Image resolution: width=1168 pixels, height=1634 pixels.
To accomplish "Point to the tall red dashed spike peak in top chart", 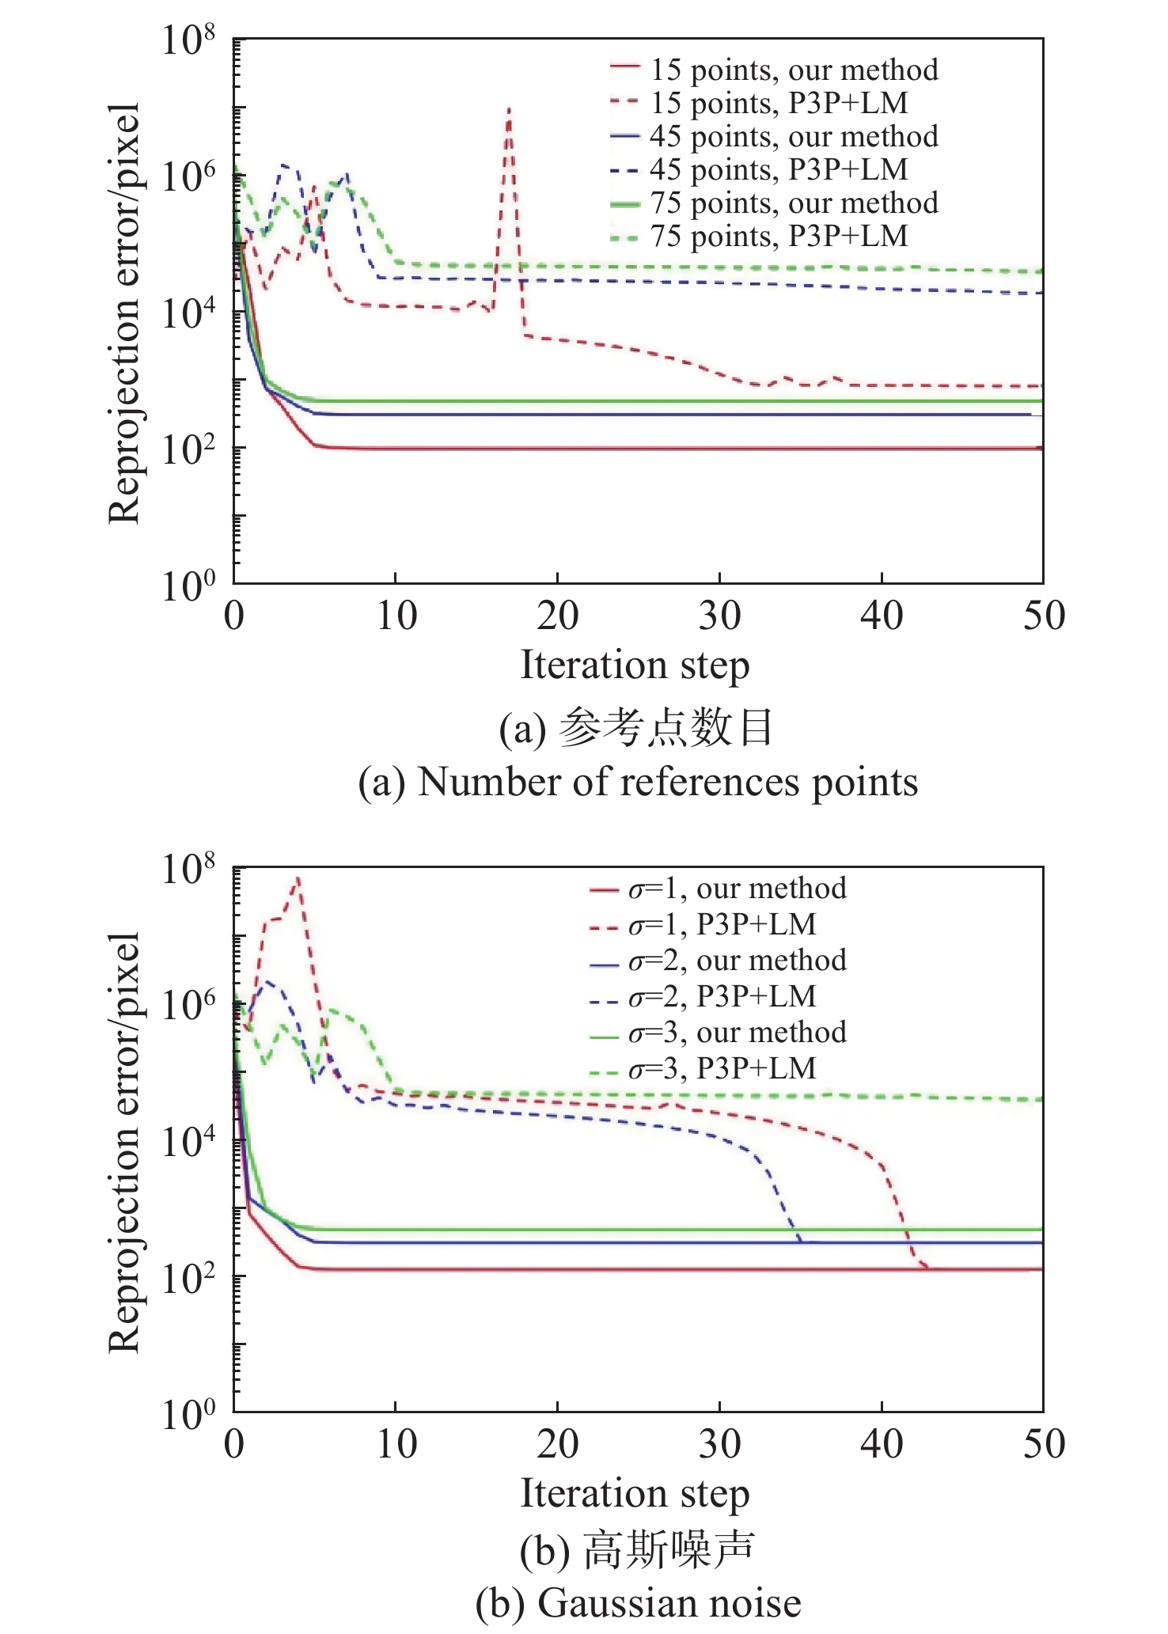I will [509, 109].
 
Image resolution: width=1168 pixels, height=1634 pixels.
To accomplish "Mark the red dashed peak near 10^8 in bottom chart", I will [298, 878].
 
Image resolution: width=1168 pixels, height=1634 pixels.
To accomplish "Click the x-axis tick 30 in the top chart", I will [719, 616].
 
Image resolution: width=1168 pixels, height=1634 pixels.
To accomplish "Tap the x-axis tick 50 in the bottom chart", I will [1044, 1444].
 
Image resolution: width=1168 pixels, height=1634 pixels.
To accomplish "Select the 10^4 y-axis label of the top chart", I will [188, 313].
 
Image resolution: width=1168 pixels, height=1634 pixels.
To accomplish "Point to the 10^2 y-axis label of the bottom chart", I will [188, 1278].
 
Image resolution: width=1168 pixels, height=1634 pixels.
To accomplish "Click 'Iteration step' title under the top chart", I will [635, 665].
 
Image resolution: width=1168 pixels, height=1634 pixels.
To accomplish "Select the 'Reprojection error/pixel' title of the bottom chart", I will [124, 1141].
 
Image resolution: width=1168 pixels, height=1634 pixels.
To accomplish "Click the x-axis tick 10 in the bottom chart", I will [396, 1444].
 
